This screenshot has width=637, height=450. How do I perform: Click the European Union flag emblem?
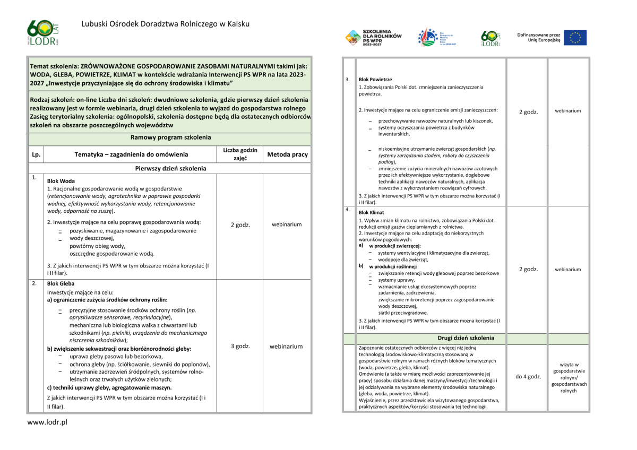pyautogui.click(x=575, y=38)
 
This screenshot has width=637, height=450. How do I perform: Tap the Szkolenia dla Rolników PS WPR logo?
pyautogui.click(x=374, y=37)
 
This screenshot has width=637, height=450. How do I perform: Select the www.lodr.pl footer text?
pyautogui.click(x=47, y=422)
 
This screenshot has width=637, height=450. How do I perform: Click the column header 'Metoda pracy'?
pyautogui.click(x=287, y=154)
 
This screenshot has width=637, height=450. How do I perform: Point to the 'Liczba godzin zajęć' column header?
pyautogui.click(x=240, y=154)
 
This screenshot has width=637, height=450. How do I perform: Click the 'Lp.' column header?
pyautogui.click(x=36, y=155)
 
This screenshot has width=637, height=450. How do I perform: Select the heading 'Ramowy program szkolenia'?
pyautogui.click(x=170, y=137)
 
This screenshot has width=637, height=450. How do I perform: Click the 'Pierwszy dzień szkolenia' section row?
pyautogui.click(x=170, y=168)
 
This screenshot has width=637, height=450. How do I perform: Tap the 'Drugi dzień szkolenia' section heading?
pyautogui.click(x=466, y=338)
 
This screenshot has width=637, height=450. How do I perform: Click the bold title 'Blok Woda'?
pyautogui.click(x=61, y=181)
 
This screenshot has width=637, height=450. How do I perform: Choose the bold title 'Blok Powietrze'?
pyautogui.click(x=375, y=80)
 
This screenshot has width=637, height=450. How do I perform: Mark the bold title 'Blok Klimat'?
pyautogui.click(x=371, y=212)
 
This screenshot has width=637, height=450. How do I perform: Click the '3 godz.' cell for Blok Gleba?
pyautogui.click(x=240, y=347)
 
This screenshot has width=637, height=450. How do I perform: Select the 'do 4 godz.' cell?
pyautogui.click(x=528, y=376)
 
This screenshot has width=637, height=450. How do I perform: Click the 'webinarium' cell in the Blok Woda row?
pyautogui.click(x=287, y=224)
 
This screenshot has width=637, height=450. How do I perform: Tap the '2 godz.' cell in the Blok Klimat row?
pyautogui.click(x=528, y=270)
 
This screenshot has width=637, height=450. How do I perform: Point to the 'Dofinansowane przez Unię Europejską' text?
pyautogui.click(x=539, y=38)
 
